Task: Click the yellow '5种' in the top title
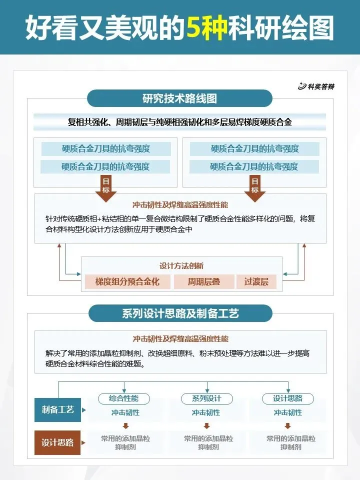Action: tap(206, 28)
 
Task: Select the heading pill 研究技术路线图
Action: tap(179, 98)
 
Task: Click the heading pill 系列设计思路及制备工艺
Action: tap(180, 313)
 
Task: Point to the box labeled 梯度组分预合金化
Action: tap(127, 281)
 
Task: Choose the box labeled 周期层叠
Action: tap(203, 281)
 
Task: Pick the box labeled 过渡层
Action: tap(256, 281)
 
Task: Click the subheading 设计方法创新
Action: tap(181, 266)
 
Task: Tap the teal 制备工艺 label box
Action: tap(57, 409)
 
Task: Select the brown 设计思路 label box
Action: tap(57, 442)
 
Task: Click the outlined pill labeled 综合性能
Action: tap(124, 398)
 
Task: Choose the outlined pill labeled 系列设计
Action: tap(206, 398)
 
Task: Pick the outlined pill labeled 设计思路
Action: tap(287, 398)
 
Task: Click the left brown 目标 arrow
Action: tap(105, 188)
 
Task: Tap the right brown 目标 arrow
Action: tap(254, 188)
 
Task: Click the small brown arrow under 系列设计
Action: tap(206, 426)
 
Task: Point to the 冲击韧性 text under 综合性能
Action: tap(125, 412)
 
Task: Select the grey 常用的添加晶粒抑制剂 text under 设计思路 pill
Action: tap(290, 442)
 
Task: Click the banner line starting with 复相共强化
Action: tap(180, 121)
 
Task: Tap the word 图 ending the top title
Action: tap(320, 28)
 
